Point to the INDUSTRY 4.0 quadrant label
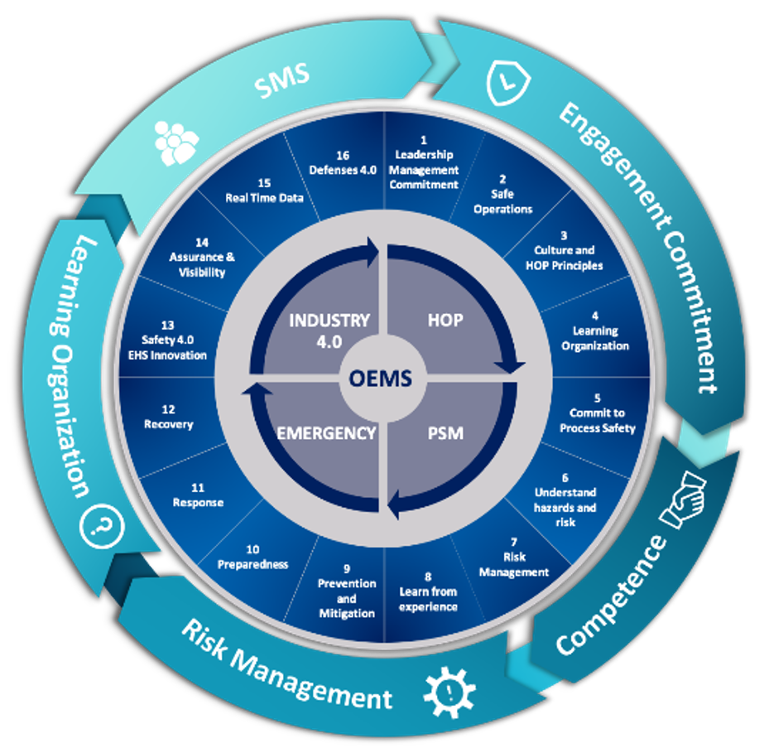(x=329, y=329)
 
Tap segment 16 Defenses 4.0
(x=343, y=162)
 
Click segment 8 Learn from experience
(x=428, y=591)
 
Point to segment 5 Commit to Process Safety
(x=597, y=420)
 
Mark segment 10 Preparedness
(x=253, y=557)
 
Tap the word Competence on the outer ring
(x=611, y=595)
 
